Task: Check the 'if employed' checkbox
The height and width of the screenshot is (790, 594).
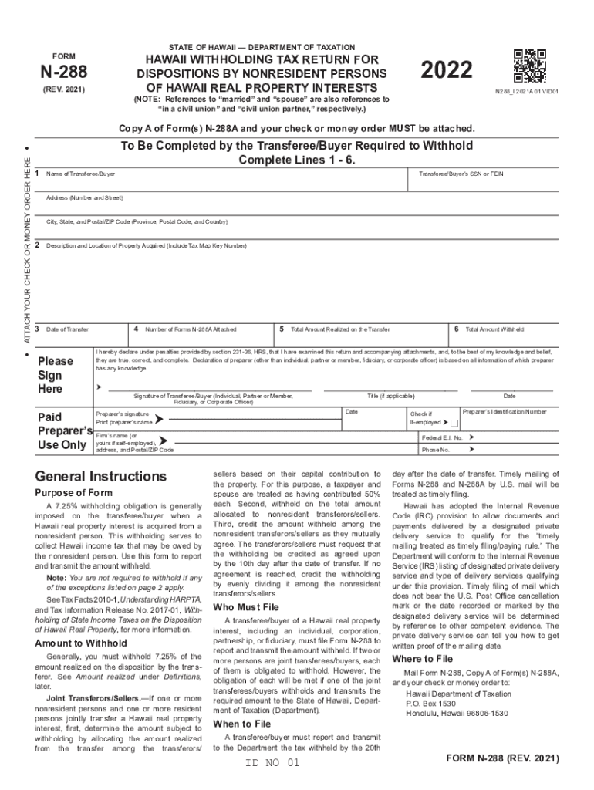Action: pos(454,424)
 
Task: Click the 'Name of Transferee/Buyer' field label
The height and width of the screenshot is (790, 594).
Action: pos(80,174)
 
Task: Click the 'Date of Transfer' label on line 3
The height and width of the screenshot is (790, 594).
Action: pos(67,329)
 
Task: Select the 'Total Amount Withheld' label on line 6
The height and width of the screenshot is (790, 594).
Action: pos(494,329)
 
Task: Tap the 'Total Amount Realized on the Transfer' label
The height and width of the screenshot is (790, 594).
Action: pos(340,329)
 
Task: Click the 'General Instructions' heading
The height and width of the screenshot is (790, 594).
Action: pos(100,476)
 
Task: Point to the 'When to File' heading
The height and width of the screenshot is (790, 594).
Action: pos(242,724)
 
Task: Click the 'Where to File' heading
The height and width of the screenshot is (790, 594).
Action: pos(423,659)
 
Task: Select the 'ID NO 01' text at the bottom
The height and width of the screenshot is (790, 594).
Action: pos(271,763)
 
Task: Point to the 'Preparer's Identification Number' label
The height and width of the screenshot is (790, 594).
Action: pos(505,412)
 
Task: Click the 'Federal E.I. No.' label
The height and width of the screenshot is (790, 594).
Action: pos(442,437)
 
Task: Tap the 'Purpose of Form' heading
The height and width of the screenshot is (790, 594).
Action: pos(74,492)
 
